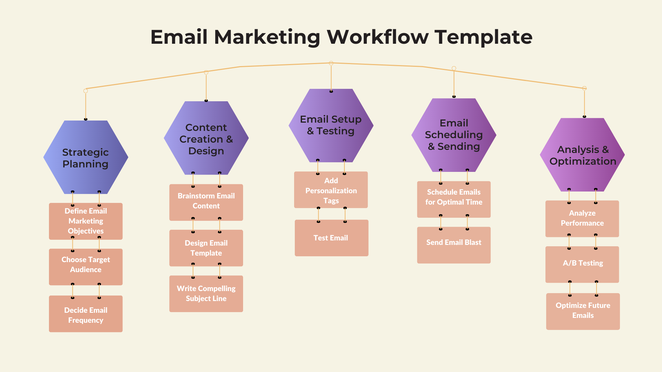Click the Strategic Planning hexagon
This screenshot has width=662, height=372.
pos(86,157)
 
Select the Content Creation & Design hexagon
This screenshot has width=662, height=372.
pos(206,138)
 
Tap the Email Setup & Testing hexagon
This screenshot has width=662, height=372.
pos(331,125)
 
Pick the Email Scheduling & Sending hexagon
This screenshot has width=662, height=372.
pos(454,135)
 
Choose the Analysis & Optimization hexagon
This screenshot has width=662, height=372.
pos(582,155)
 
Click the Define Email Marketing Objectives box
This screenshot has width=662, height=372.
pos(86,221)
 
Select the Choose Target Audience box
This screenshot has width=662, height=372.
pos(86,267)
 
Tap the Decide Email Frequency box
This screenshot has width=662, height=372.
pos(86,314)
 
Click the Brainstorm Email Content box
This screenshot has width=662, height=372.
pos(206,203)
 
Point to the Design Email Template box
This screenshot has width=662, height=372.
pos(206,248)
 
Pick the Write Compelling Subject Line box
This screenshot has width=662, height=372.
pos(206,294)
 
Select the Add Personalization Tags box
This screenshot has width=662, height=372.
pos(331,190)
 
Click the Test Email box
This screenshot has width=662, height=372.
pos(332,238)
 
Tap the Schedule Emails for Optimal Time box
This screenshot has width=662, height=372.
pos(454,199)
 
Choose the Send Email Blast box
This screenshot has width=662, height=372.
pos(454,245)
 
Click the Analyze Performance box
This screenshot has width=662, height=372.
pos(582,219)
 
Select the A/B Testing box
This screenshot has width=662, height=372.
pos(582,265)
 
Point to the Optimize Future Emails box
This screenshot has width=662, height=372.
pos(583,311)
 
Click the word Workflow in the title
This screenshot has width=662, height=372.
pos(378,37)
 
